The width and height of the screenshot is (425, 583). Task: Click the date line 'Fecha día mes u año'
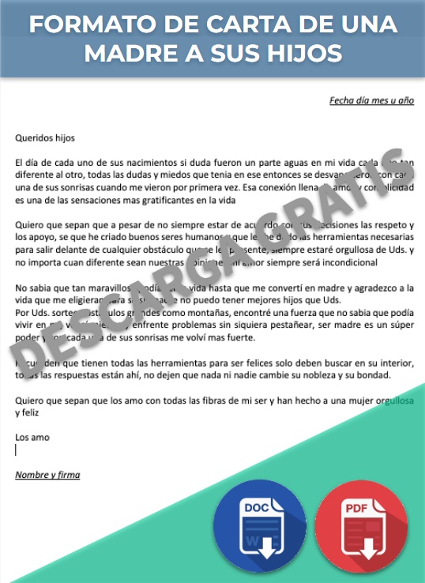click(371, 101)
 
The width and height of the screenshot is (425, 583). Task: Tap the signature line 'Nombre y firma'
click(47, 475)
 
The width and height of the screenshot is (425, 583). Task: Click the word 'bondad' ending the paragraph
click(372, 375)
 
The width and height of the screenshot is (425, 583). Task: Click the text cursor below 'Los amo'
click(17, 449)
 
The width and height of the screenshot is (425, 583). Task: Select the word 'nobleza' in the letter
click(316, 375)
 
